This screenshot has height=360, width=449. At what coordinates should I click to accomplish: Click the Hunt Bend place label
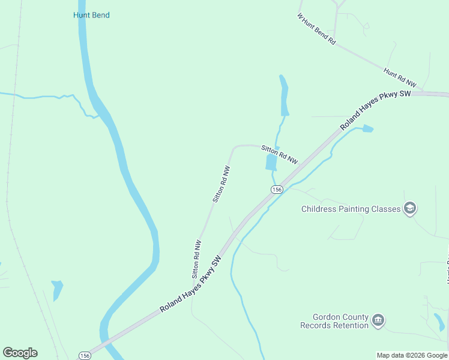pyautogui.click(x=91, y=15)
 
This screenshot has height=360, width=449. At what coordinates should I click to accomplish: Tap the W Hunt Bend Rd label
pyautogui.click(x=316, y=28)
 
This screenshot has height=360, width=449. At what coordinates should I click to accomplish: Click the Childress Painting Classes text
pyautogui.click(x=351, y=209)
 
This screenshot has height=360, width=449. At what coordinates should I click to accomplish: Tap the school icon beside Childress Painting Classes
pyautogui.click(x=410, y=209)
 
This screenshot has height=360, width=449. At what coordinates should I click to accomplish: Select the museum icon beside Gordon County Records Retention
pyautogui.click(x=378, y=321)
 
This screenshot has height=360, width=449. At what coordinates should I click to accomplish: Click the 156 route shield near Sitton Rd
pyautogui.click(x=276, y=190)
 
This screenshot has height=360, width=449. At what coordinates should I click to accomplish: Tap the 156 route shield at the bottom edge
pyautogui.click(x=85, y=355)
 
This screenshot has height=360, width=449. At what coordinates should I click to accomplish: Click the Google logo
pyautogui.click(x=20, y=353)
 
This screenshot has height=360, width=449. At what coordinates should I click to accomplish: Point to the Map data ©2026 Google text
pyautogui.click(x=411, y=355)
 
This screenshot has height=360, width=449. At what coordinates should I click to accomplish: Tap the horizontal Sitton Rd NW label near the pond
pyautogui.click(x=279, y=154)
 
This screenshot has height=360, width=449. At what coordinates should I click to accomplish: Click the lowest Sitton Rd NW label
pyautogui.click(x=196, y=259)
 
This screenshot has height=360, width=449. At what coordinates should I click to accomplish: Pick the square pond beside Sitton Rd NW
pyautogui.click(x=271, y=162)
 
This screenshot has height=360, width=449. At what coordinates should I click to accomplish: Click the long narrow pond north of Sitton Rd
pyautogui.click(x=283, y=96)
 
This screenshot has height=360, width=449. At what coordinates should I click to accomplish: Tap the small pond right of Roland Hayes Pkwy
pyautogui.click(x=367, y=128)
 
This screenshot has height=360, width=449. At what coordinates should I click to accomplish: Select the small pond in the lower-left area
pyautogui.click(x=57, y=289)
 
